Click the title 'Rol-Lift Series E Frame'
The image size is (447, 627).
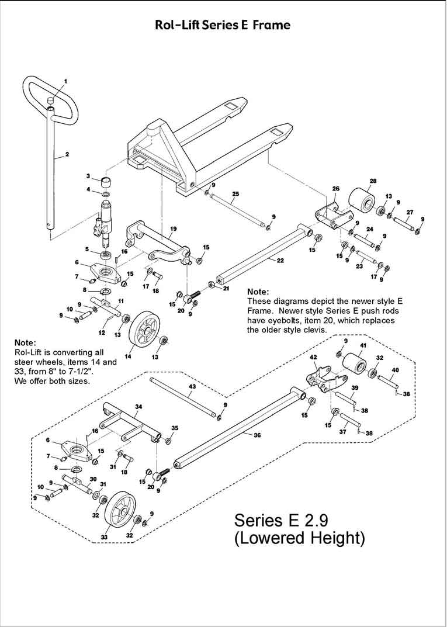222,25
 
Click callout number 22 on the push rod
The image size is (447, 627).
280,261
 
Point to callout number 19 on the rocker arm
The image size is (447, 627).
173,228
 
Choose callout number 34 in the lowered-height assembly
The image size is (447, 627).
138,406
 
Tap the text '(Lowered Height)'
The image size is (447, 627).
299,537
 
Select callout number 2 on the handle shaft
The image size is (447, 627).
67,154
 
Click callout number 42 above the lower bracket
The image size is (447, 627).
313,357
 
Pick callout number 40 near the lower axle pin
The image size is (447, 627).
395,370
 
